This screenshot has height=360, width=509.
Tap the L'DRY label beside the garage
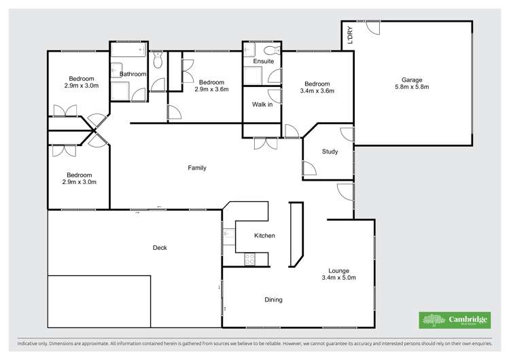(x=350, y=35)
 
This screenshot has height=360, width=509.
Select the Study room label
(x=330, y=151)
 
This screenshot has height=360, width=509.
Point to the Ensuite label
(x=263, y=62)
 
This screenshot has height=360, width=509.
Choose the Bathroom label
(x=133, y=74)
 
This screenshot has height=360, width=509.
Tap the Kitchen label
(x=264, y=236)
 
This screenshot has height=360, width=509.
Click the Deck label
(x=160, y=248)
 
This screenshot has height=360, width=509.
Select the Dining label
(x=273, y=300)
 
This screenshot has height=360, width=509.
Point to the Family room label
(x=197, y=168)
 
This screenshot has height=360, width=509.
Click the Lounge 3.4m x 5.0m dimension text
(x=338, y=278)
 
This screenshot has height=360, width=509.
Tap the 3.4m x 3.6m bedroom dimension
(x=317, y=90)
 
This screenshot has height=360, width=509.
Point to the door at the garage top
(x=371, y=28)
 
